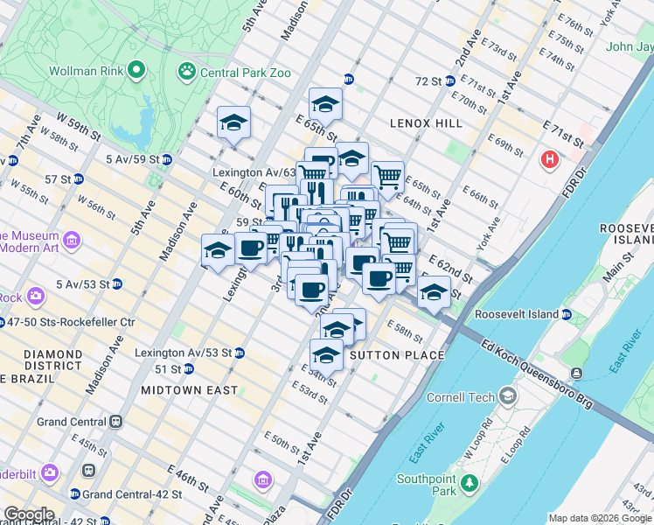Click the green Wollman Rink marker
click(x=136, y=69)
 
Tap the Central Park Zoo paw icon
click(x=186, y=71)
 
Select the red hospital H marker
click(x=550, y=159)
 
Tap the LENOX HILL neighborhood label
click(x=426, y=123)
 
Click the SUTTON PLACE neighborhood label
click(x=396, y=355)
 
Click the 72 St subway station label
click(x=428, y=80)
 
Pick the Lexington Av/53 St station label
click(x=183, y=353)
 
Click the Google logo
click(x=28, y=514)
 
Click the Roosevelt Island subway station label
click(x=516, y=313)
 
